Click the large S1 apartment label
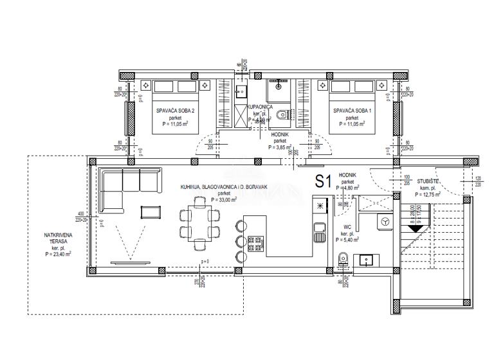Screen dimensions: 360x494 (x=322, y=181)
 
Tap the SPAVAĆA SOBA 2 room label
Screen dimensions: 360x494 (x=175, y=111)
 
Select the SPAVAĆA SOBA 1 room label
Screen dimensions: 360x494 (x=352, y=111)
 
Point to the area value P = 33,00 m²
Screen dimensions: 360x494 (x=224, y=199)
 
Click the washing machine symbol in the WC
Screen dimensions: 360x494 (x=385, y=221)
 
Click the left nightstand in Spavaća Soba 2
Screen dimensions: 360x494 (x=146, y=84)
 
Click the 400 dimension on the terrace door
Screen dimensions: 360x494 (x=80, y=213)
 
